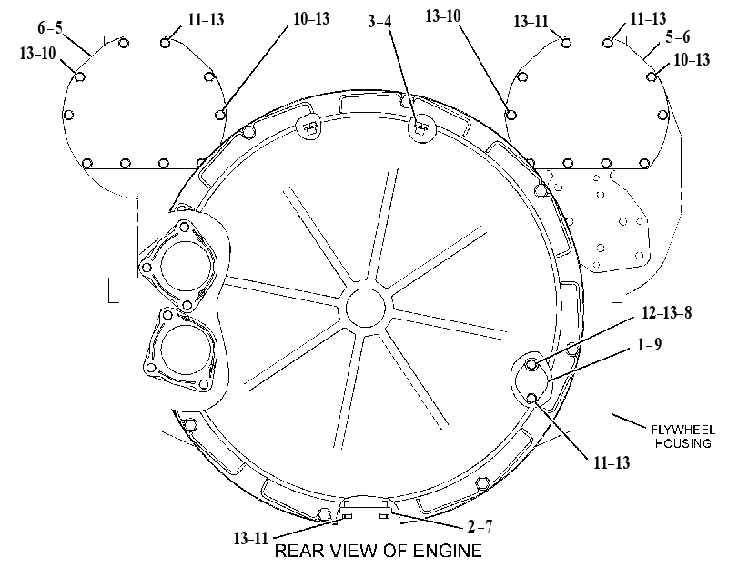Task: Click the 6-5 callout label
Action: coord(50,27)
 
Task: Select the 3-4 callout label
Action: coord(379,21)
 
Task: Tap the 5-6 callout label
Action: coord(678,36)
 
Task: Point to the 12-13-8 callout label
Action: coord(667,312)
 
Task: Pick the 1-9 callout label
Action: coord(650,344)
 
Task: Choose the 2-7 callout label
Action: coord(480,526)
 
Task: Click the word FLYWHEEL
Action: coord(682,430)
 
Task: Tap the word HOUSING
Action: coord(682,443)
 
